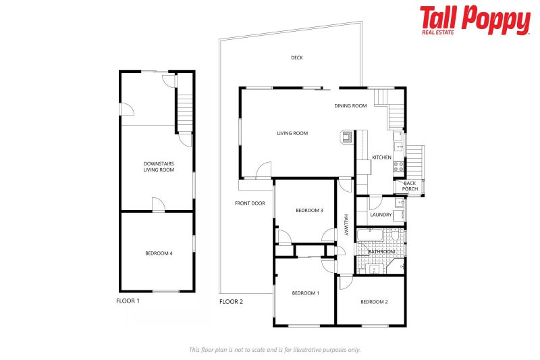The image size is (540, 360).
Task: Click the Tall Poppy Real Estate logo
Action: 475,20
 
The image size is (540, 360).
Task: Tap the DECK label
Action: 297,58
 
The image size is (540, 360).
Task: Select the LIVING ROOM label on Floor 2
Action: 292,134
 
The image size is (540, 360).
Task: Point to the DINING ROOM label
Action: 350,106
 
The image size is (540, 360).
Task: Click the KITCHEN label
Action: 381,157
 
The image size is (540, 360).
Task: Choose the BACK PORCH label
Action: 410,186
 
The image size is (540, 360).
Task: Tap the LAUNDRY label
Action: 381,215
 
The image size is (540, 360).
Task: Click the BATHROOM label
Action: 381,252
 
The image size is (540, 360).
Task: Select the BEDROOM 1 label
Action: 305,293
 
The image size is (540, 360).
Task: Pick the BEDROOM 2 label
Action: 374,302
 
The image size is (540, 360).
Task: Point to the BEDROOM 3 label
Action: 309,211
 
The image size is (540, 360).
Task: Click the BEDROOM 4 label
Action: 159,253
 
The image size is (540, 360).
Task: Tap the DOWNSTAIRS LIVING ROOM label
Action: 159,166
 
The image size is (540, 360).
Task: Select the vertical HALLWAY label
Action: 346,225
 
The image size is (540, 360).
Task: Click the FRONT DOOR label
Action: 250,203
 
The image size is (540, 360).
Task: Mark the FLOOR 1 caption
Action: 128,301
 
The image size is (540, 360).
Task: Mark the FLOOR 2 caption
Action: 231,302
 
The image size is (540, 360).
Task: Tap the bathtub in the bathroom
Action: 370,236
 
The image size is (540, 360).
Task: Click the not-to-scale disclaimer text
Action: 274,349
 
